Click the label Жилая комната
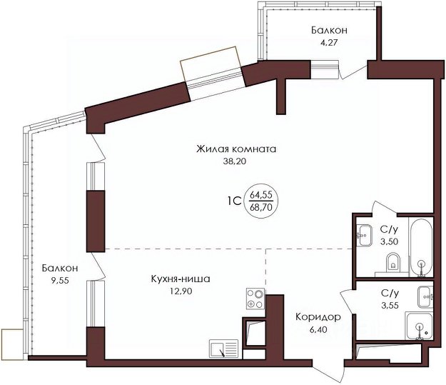236,149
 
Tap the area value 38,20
234,161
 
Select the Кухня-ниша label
181,279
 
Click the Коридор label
318,316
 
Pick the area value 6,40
318,330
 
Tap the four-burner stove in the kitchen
255,299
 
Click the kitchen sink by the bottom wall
224,349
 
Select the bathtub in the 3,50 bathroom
421,247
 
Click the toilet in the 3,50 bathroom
393,261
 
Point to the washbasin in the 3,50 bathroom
365,235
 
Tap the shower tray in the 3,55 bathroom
420,326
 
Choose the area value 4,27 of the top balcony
329,43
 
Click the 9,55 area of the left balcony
60,281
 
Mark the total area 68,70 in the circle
261,207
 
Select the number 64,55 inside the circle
261,195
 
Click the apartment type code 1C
234,201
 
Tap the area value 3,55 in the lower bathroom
390,305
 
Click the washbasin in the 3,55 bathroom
425,297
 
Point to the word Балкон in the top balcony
329,30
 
